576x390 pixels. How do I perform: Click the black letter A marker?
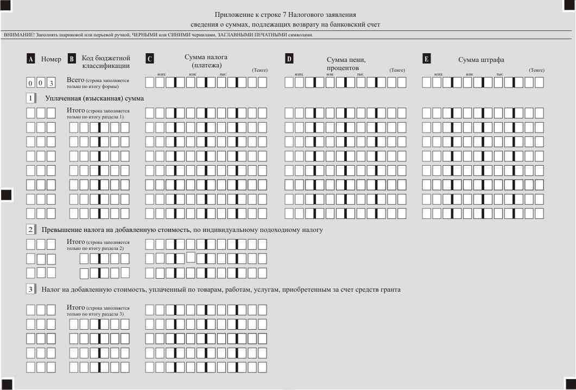click(31, 59)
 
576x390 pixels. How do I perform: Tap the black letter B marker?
click(72, 59)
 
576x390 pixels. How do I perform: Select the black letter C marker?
click(150, 59)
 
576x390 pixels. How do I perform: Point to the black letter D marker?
click(289, 59)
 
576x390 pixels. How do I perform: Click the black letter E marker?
click(427, 59)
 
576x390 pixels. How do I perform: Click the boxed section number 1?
click(31, 98)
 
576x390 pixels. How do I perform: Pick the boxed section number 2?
click(31, 229)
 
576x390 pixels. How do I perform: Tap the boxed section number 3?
click(31, 289)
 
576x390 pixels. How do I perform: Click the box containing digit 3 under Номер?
click(52, 83)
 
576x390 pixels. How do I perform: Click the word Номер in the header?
click(51, 59)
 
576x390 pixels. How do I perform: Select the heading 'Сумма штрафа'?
click(482, 60)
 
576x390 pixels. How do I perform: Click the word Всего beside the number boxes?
click(75, 80)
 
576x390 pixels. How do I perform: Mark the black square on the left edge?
click(6, 195)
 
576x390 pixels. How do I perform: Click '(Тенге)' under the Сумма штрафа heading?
click(536, 70)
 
